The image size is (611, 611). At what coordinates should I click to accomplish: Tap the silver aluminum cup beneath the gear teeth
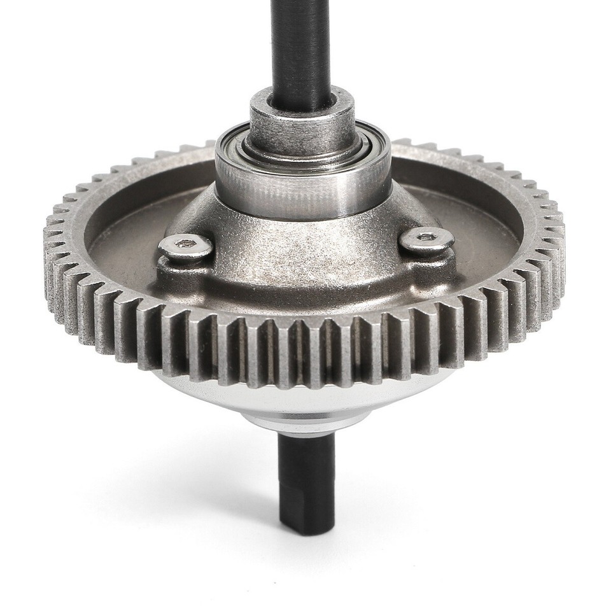[x=305, y=398]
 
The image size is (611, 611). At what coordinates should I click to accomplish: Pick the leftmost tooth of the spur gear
[x=50, y=255]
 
